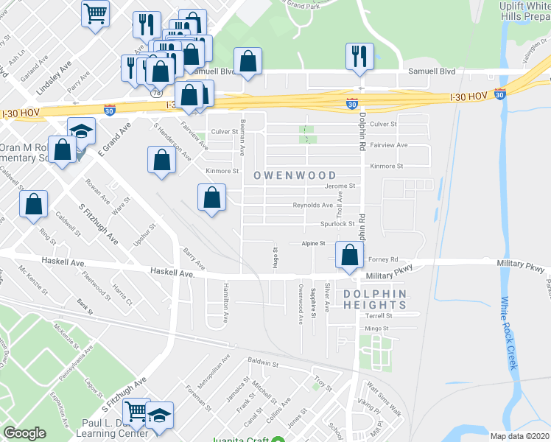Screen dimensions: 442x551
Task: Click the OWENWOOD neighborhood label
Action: [295, 175]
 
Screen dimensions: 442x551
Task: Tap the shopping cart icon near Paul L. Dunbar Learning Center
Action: [136, 411]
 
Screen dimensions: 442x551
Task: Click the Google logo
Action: [24, 433]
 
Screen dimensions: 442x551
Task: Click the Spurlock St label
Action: [337, 223]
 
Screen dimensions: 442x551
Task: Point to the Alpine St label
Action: [313, 243]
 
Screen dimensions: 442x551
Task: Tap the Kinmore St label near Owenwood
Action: [222, 171]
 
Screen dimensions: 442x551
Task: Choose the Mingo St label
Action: [376, 329]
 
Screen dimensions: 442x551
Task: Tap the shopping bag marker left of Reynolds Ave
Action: [211, 197]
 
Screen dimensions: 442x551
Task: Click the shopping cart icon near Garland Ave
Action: [95, 13]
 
